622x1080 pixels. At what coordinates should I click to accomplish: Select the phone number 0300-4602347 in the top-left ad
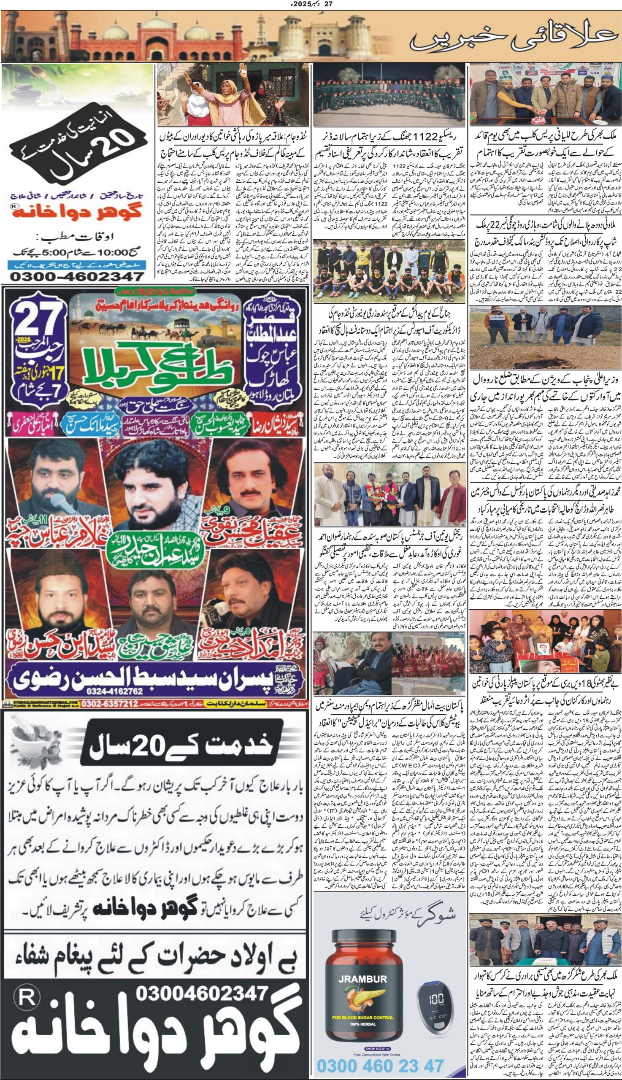(77, 276)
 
